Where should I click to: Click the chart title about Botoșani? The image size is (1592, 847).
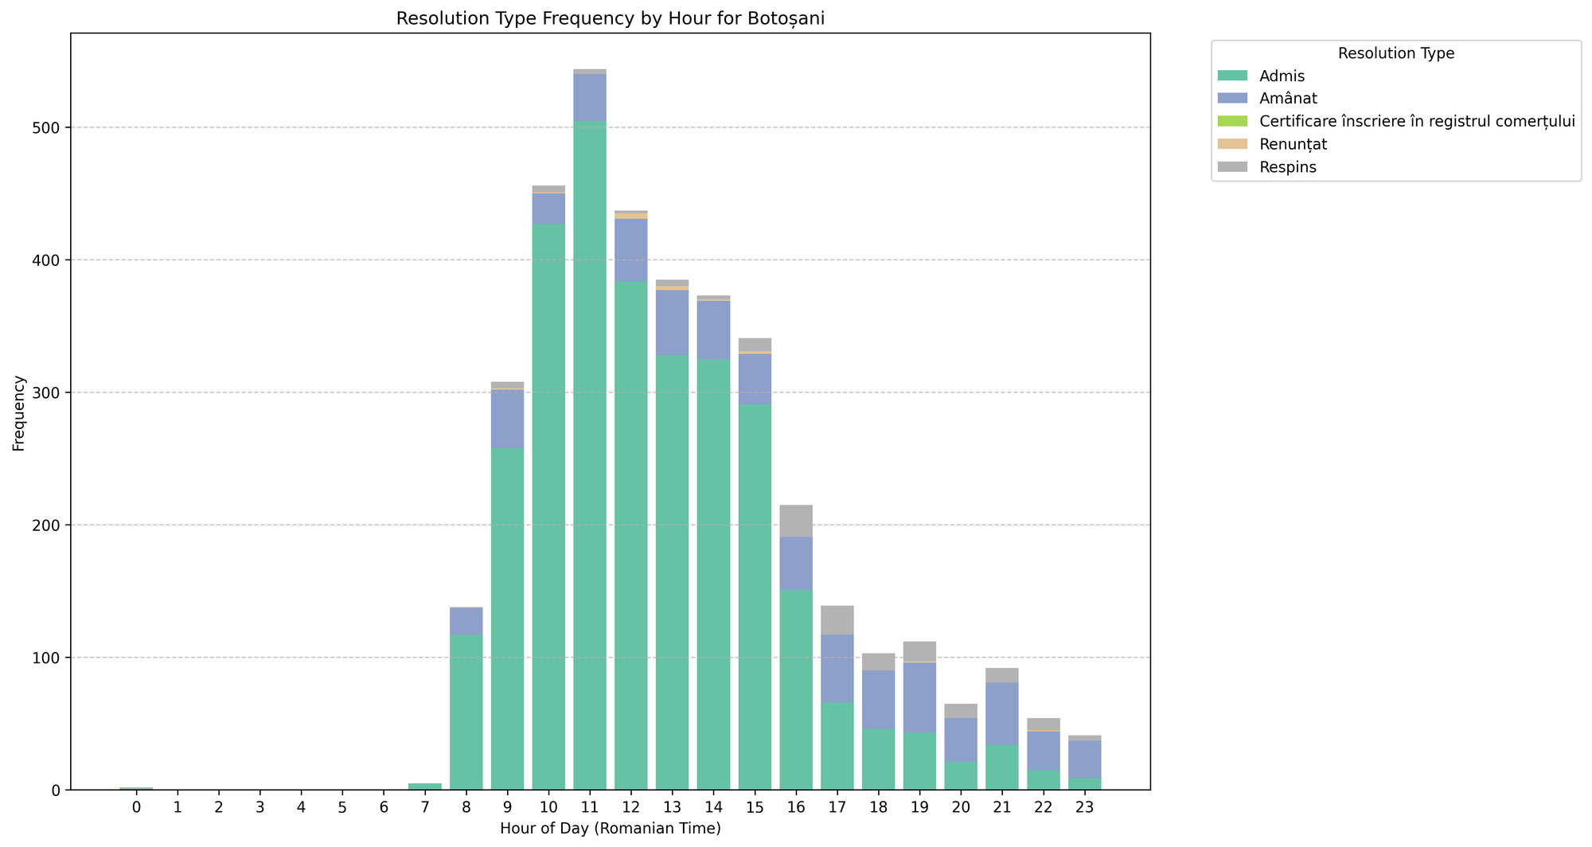tap(610, 19)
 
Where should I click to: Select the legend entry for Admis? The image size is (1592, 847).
tap(1282, 76)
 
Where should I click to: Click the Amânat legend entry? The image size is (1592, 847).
tap(1289, 99)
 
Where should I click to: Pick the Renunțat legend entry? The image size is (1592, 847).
tap(1293, 145)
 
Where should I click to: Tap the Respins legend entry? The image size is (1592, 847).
tap(1288, 167)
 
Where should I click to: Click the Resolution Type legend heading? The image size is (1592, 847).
tap(1396, 54)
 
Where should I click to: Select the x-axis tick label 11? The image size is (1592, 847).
tap(590, 808)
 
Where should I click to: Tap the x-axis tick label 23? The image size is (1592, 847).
tap(1084, 808)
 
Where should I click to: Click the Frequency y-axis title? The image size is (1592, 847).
tap(19, 413)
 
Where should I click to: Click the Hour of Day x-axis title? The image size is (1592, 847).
tap(610, 829)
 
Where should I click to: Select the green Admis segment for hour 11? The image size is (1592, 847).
tap(590, 454)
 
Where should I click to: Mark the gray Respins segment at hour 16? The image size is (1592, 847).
tap(796, 521)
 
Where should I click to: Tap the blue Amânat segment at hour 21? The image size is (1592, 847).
tap(1002, 713)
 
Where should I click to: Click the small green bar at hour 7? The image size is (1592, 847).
tap(425, 786)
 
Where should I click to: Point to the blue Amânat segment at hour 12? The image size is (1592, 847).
tap(631, 250)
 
